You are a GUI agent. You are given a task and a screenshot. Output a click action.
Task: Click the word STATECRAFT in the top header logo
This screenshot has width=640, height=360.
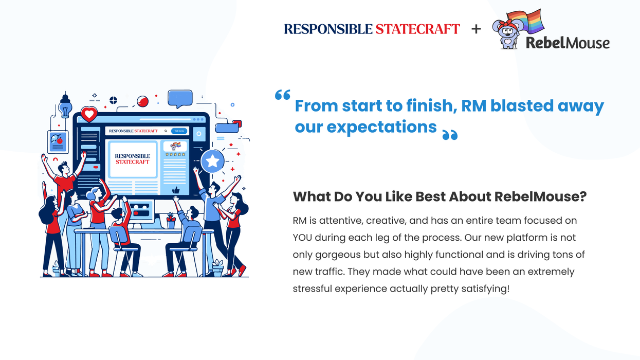point(417,29)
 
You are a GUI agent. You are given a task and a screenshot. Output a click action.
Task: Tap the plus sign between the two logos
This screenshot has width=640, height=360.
point(476,29)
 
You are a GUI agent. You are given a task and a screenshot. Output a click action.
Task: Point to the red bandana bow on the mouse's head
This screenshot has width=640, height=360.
point(505,24)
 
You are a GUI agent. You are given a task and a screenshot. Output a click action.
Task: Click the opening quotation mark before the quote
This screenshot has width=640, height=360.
point(282,95)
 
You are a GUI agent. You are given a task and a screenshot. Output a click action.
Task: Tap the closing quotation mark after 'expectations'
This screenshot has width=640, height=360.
point(450,135)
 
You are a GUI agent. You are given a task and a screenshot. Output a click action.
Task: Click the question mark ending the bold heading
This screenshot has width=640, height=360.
point(583,196)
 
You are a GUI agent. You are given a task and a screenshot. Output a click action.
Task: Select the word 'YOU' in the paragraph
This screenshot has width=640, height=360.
point(303,238)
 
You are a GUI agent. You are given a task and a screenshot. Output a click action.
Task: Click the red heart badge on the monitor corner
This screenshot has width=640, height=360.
point(89,114)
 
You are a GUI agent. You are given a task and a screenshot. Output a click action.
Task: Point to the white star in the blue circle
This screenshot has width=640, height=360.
point(212,161)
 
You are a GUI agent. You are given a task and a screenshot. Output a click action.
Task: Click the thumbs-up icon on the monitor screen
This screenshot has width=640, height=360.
point(176,190)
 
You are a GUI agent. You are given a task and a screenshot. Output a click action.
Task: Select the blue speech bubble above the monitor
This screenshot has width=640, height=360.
point(180,98)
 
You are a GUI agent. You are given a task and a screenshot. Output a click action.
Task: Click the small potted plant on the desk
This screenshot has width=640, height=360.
point(170,221)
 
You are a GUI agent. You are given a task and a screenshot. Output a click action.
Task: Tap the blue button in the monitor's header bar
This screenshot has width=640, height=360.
point(179,131)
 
